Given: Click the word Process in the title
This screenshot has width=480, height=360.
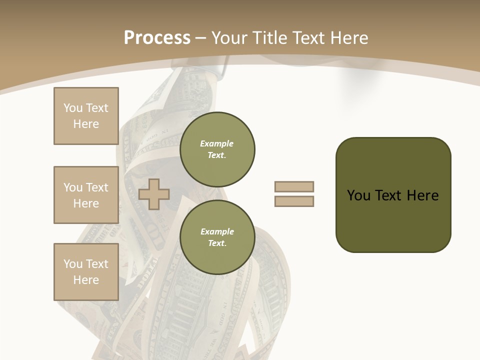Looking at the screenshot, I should tap(157, 38).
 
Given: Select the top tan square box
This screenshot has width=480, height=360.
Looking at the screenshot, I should tap(86, 116).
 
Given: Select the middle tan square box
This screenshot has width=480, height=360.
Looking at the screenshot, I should tap(86, 195).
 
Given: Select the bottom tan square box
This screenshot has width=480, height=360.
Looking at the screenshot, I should tap(86, 272).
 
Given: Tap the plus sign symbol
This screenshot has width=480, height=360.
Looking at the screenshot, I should tap(154, 194).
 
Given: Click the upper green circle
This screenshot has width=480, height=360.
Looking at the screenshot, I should tap(217, 149).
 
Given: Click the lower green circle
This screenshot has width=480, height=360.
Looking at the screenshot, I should tap(217, 237).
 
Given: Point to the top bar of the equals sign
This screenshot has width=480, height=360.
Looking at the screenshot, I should tap(294, 186).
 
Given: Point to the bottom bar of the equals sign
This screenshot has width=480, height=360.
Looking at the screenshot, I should tap(294, 201).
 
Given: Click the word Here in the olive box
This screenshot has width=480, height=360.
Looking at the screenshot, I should tap(422, 195).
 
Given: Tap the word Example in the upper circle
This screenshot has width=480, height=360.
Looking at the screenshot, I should tap(216, 143).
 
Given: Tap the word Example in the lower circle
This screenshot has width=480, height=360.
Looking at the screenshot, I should tap(217, 231).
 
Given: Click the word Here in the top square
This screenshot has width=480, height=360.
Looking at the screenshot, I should tap(86, 124).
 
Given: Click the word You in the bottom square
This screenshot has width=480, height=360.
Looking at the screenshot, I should tap(73, 264).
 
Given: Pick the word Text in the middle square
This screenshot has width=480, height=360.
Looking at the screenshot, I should tap(97, 187).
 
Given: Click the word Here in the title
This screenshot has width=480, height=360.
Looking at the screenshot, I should tap(347, 38).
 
